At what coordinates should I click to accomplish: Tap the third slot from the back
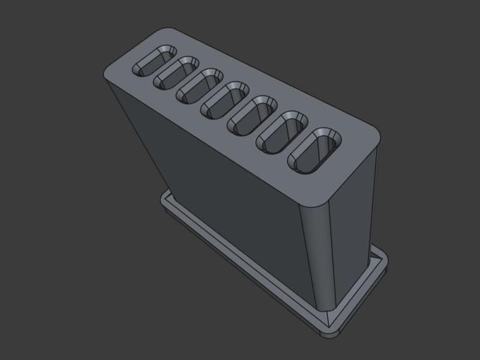199,86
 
